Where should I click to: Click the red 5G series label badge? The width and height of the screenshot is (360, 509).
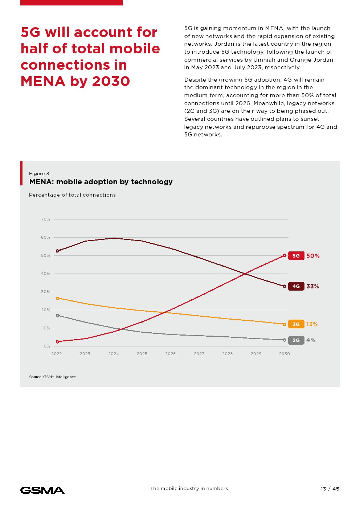pyautogui.click(x=296, y=256)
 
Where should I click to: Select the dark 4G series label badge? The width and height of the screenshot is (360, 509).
pyautogui.click(x=296, y=286)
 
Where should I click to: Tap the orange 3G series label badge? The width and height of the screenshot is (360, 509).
pyautogui.click(x=296, y=324)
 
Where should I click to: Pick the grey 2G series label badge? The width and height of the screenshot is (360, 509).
pyautogui.click(x=296, y=340)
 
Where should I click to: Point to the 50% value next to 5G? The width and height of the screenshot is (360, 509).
pyautogui.click(x=313, y=256)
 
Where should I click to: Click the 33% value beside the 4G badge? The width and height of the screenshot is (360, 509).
pyautogui.click(x=312, y=286)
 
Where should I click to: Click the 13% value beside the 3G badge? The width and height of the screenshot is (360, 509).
pyautogui.click(x=312, y=324)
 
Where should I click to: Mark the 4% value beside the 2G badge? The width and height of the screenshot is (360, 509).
pyautogui.click(x=311, y=340)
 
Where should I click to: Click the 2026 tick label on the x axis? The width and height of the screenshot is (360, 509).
pyautogui.click(x=170, y=354)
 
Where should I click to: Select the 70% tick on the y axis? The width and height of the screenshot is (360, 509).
pyautogui.click(x=46, y=219)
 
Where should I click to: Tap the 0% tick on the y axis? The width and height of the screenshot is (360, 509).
pyautogui.click(x=47, y=346)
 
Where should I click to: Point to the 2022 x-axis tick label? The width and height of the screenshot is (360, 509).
pyautogui.click(x=57, y=354)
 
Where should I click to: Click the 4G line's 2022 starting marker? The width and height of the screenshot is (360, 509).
pyautogui.click(x=57, y=251)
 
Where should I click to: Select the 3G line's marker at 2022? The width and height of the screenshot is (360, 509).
pyautogui.click(x=57, y=298)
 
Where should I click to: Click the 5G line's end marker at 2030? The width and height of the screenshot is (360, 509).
pyautogui.click(x=285, y=256)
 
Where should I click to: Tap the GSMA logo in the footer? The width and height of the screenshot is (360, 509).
pyautogui.click(x=42, y=490)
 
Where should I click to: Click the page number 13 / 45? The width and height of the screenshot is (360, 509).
pyautogui.click(x=330, y=489)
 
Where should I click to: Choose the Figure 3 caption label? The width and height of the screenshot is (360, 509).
pyautogui.click(x=39, y=174)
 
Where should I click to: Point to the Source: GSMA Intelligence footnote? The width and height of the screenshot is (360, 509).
pyautogui.click(x=53, y=377)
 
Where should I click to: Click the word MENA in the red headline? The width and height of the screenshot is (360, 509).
pyautogui.click(x=42, y=81)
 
